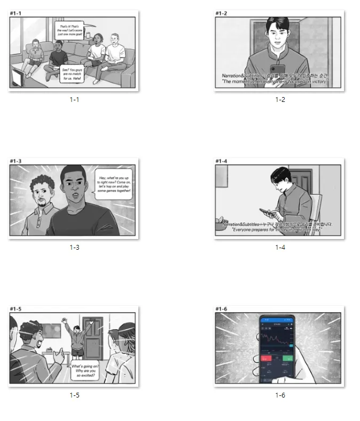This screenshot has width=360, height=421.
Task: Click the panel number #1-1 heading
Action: pos(17,13)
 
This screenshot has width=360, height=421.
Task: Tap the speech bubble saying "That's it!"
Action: pos(69,29)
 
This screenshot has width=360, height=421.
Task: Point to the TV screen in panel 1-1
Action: pos(17,78)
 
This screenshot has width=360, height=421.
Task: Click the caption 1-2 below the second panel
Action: pos(280,99)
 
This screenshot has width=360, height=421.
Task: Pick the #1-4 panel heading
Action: pos(222,161)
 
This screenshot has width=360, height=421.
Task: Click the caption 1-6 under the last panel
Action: pos(280,395)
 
